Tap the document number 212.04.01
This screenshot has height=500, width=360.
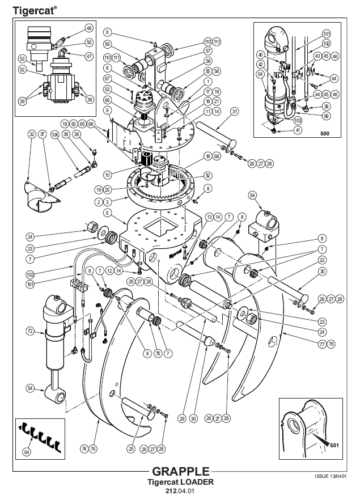[x=180, y=491]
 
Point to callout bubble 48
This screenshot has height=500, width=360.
[x=89, y=28]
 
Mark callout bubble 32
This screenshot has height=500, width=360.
[x=32, y=134]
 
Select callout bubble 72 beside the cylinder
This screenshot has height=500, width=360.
[x=30, y=330]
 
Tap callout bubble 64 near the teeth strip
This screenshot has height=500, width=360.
[x=26, y=452]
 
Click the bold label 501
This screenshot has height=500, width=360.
[x=334, y=445]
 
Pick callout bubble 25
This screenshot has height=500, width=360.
[x=131, y=449]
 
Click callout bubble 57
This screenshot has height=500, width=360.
[x=207, y=51]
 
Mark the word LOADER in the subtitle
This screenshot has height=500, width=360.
[x=196, y=482]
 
